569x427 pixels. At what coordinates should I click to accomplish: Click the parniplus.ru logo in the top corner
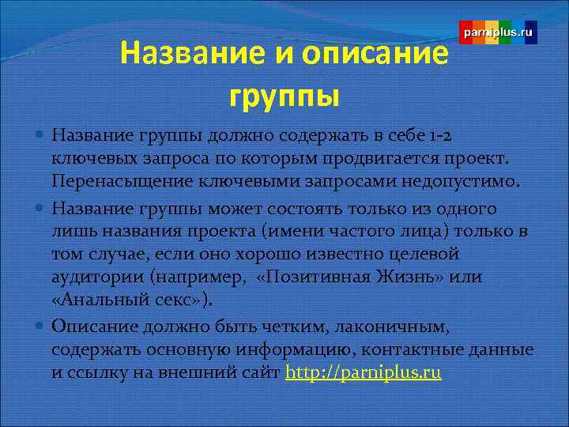(498, 33)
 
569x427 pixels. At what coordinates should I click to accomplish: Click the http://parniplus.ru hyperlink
(363, 372)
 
